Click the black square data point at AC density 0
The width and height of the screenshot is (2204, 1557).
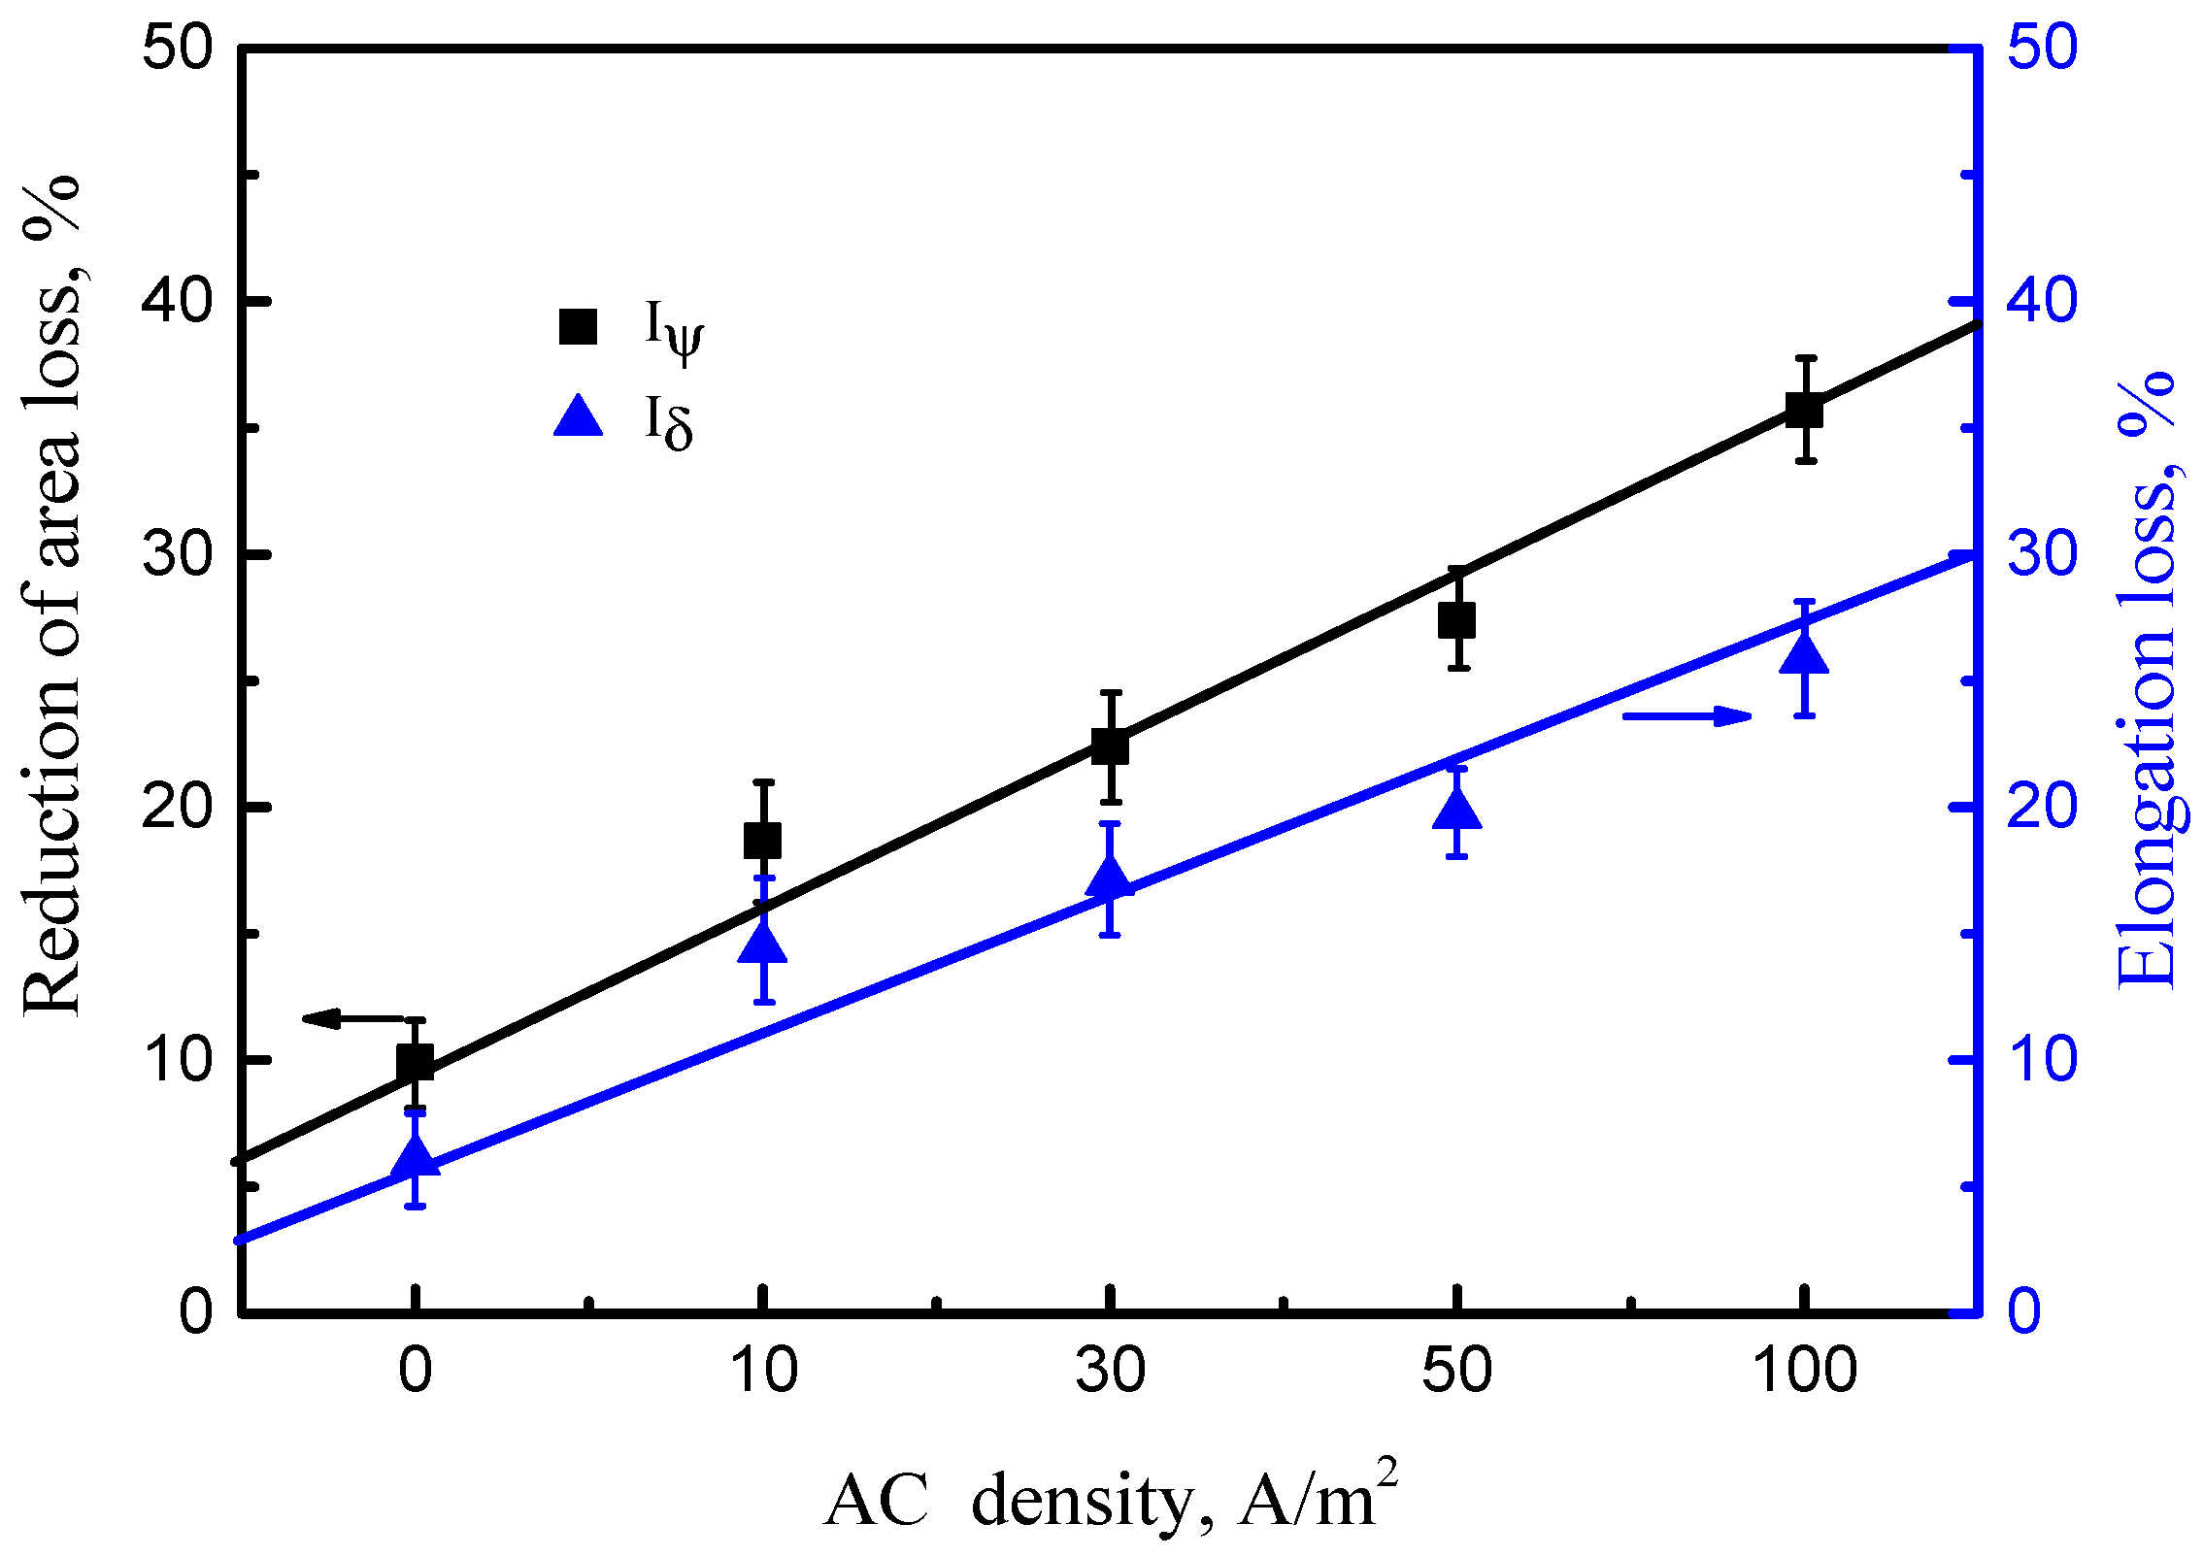click(415, 1063)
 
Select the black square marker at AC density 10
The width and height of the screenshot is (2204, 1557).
click(762, 841)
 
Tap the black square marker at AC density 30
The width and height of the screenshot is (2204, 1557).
click(1110, 746)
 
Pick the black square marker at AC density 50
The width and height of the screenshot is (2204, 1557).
click(1456, 619)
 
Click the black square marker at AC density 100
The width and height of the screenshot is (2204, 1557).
click(1804, 410)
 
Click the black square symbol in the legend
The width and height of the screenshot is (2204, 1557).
click(578, 326)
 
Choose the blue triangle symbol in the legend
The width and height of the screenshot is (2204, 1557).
click(578, 417)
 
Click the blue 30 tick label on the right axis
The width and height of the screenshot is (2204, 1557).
click(2042, 554)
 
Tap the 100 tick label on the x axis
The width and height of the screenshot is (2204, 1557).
click(1804, 1371)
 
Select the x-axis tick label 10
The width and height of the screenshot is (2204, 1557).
click(762, 1371)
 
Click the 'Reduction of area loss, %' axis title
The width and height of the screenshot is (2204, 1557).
click(53, 597)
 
